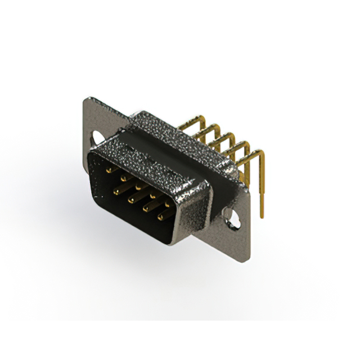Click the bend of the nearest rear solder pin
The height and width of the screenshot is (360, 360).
[258, 152]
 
